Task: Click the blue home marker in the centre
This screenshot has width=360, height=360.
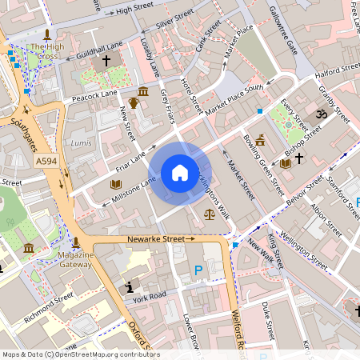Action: click(x=180, y=173)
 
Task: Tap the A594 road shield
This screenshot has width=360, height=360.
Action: click(x=47, y=162)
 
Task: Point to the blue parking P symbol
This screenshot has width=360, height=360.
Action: click(x=198, y=271)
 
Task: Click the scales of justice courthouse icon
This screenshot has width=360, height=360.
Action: click(x=210, y=214)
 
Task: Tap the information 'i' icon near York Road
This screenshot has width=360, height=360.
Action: click(x=129, y=287)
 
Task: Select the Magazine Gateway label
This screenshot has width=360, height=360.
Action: click(x=76, y=259)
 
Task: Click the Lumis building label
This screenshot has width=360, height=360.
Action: click(x=82, y=142)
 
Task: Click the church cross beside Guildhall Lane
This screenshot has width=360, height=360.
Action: click(x=106, y=61)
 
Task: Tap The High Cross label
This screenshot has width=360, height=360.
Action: click(x=46, y=52)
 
